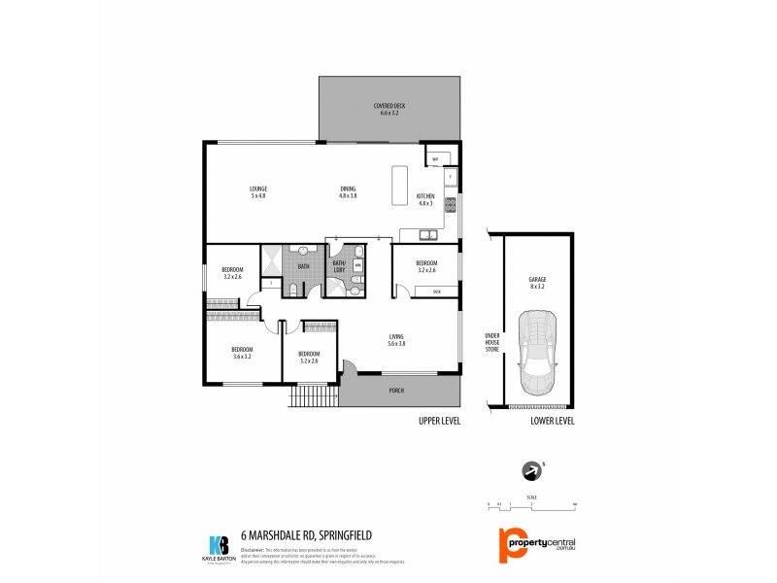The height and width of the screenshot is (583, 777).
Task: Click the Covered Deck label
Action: pyautogui.click(x=389, y=109)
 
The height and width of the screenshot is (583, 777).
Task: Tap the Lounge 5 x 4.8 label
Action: pyautogui.click(x=258, y=191)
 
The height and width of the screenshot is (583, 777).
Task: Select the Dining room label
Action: pyautogui.click(x=348, y=191)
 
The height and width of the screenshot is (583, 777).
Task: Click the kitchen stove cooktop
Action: pyautogui.click(x=451, y=204)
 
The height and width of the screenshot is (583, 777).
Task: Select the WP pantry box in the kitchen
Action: pyautogui.click(x=436, y=158)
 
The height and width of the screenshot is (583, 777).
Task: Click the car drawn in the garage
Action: pyautogui.click(x=537, y=353)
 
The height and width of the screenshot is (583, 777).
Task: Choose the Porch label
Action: pyautogui.click(x=396, y=392)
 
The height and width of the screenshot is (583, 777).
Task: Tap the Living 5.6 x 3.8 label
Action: pyautogui.click(x=396, y=339)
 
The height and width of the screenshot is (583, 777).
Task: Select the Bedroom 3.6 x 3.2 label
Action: pyautogui.click(x=242, y=353)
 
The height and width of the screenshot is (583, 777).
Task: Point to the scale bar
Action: pyautogui.click(x=531, y=506)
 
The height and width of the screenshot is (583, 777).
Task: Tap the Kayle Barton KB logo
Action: pyautogui.click(x=220, y=548)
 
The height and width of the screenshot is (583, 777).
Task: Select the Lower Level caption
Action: pyautogui.click(x=552, y=421)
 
